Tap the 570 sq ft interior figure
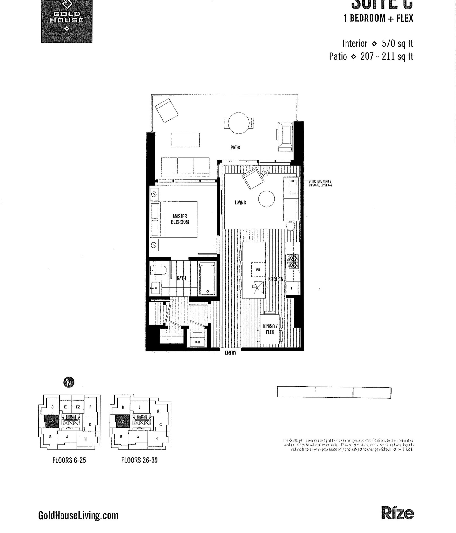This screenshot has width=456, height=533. click(397, 44)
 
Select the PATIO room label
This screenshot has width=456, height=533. click(235, 147)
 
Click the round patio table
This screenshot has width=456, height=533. click(239, 123)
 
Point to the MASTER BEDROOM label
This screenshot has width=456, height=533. click(180, 219)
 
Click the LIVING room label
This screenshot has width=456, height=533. click(240, 202)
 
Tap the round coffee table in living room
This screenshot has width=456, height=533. click(266, 199)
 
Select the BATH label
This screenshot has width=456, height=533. click(181, 278)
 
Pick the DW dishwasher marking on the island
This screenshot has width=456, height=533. click(258, 270)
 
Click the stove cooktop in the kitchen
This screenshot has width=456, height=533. click(293, 262)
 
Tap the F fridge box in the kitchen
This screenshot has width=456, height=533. click(292, 289)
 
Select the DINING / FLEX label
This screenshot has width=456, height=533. click(270, 329)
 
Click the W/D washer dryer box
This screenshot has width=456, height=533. click(197, 342)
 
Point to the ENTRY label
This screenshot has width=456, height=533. click(230, 353)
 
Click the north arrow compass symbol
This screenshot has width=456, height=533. click(69, 382)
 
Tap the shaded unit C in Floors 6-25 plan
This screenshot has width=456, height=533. click(52, 421)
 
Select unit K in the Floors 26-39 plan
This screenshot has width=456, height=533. click(158, 411)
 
